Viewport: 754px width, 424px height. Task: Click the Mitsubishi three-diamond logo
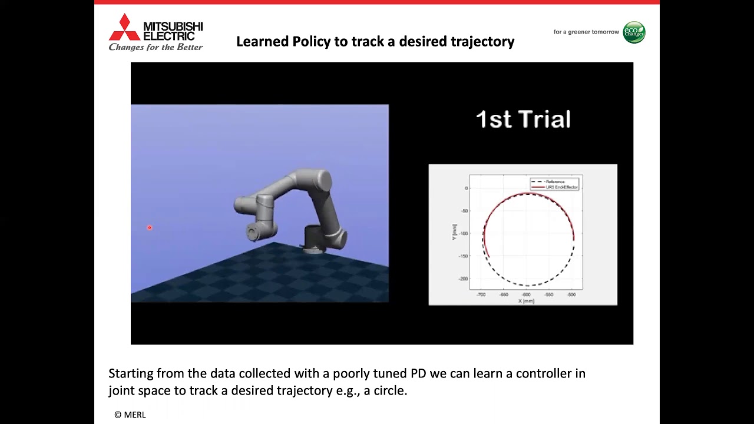[124, 27]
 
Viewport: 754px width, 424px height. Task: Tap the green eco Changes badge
[634, 32]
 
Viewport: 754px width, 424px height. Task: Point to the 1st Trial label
[523, 120]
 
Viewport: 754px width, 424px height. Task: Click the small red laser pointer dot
[150, 227]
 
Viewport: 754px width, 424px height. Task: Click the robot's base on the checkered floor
[315, 241]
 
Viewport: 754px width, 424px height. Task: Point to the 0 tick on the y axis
[466, 188]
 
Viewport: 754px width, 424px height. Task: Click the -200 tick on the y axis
[463, 279]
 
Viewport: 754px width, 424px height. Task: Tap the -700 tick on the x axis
[481, 294]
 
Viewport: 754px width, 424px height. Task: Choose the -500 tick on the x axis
[571, 294]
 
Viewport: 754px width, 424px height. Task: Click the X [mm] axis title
[526, 301]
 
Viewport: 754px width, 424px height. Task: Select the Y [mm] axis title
[454, 231]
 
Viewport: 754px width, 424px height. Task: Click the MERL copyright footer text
[130, 415]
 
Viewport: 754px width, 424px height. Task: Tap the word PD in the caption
[418, 373]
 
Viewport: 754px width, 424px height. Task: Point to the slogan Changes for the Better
[156, 47]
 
